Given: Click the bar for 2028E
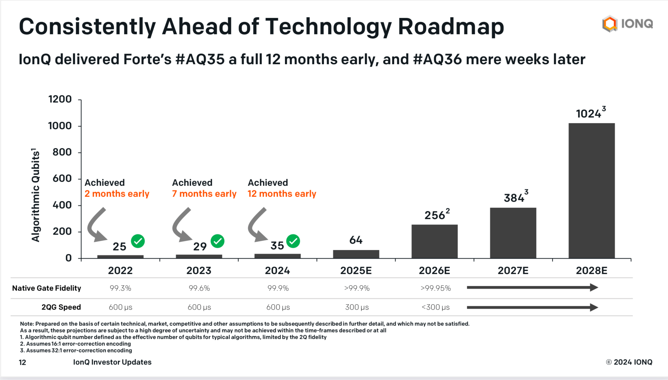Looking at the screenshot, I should coord(591,190).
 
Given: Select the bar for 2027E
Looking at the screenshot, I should coord(513,233).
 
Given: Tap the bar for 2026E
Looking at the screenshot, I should coord(434,241).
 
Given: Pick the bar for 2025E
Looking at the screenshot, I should coord(356,254).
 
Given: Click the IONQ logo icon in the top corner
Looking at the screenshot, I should coord(610,24).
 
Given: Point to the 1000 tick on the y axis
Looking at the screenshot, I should coord(60,126).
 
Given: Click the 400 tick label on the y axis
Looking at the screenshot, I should coord(62,205).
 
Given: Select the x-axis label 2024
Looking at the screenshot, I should coord(277,270).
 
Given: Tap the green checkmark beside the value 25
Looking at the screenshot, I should coord(138,241).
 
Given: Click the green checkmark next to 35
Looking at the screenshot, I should coord(293,241).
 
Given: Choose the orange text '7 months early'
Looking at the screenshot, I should coord(204,194).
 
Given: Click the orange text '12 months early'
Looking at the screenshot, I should coord(282,194).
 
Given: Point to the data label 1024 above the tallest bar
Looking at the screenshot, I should coord(588,114).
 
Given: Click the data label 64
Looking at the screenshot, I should coord(356,240).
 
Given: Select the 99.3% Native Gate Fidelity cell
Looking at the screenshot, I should coord(120,288).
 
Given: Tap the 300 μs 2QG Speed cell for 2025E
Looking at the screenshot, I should coord(357,307).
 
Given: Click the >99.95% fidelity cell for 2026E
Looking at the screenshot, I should coord(435,288).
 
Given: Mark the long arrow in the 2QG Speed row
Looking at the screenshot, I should coord(532,307).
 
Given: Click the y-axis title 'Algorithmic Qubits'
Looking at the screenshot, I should coord(36,195).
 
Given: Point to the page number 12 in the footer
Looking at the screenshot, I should coord(22,362).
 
